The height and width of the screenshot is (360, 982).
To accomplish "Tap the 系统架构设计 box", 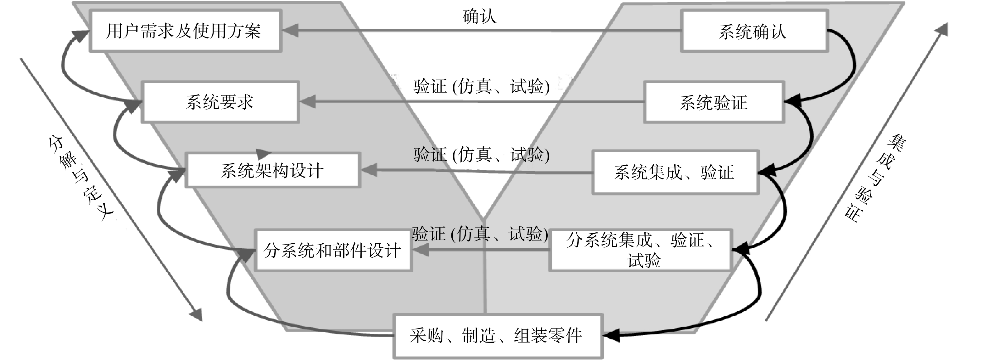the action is click(272, 170).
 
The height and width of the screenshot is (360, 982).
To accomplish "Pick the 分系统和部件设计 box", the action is click(333, 250).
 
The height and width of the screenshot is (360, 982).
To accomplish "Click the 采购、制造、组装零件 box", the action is click(498, 336).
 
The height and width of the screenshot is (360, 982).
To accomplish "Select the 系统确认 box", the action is click(754, 31).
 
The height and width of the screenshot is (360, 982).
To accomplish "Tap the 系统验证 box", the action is click(714, 102).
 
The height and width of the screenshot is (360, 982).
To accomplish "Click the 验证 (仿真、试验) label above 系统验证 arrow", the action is click(481, 86).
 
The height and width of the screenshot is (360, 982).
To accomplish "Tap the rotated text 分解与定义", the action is click(81, 177).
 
